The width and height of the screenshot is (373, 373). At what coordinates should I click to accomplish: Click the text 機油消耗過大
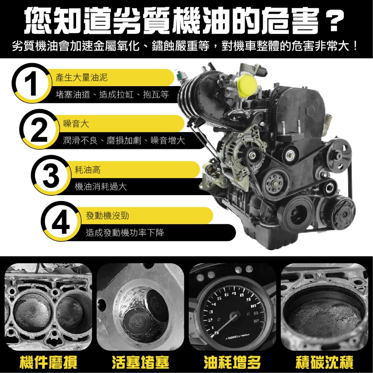click(101, 187)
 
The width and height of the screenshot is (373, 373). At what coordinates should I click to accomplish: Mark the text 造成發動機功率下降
click(125, 233)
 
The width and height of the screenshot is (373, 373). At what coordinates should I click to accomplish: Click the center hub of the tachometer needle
click(234, 317)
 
